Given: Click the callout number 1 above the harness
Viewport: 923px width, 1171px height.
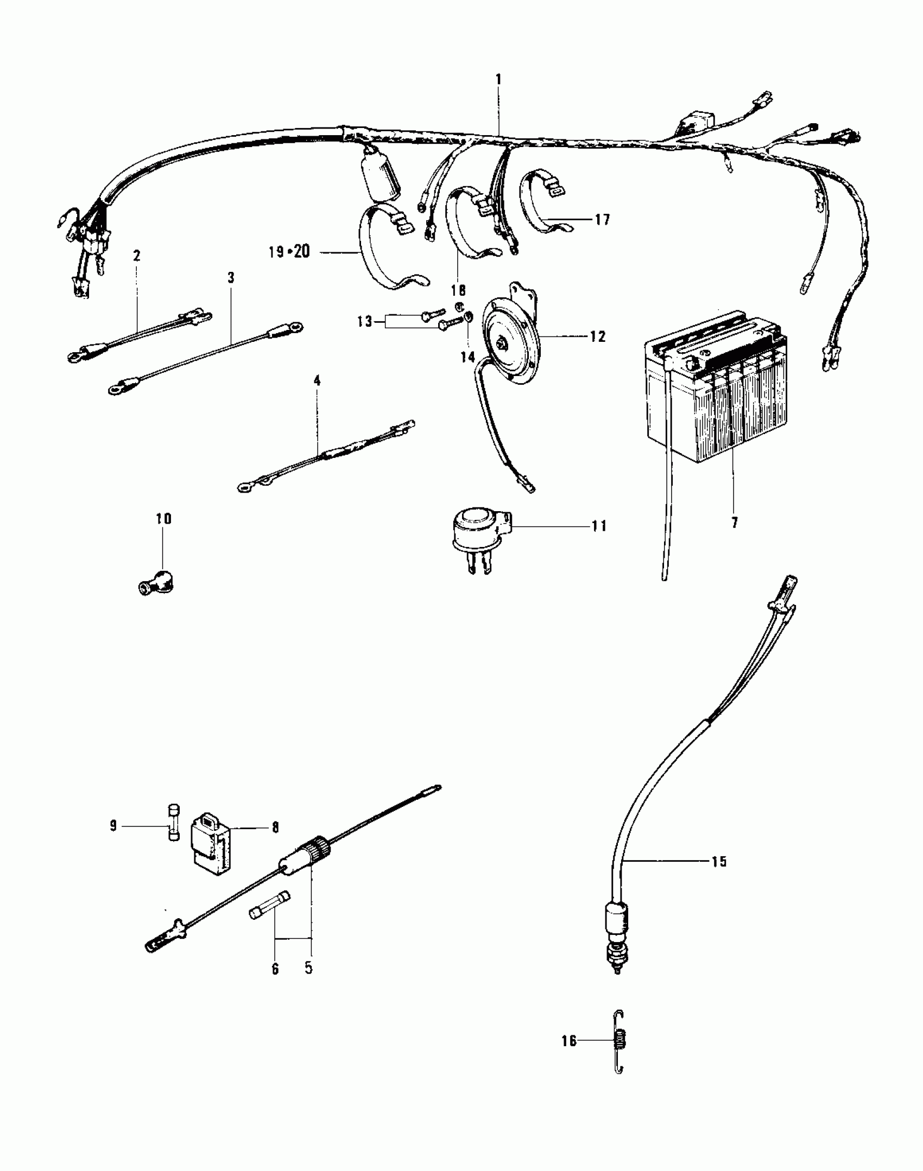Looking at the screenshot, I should coord(498,79).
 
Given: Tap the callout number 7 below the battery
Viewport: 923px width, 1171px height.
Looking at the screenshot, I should coord(734,523).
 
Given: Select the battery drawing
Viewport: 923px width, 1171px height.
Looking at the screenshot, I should coord(717,391).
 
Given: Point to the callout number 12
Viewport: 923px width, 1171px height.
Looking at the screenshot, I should coord(597,336).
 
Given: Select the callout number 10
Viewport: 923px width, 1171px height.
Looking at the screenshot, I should coord(163,519).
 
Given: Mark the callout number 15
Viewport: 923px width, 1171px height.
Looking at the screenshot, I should coord(718,861).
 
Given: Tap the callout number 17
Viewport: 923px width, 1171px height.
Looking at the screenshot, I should coord(603,219).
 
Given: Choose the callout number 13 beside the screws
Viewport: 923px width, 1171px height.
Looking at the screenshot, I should coord(365,321).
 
